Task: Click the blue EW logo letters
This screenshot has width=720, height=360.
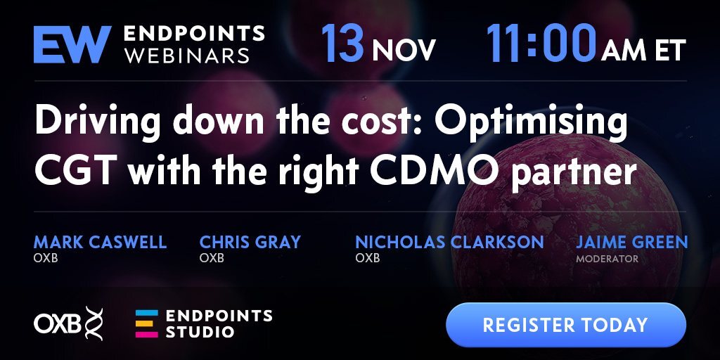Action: (72, 44)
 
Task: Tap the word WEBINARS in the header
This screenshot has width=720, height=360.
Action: (187, 56)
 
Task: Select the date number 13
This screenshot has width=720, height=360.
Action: (342, 43)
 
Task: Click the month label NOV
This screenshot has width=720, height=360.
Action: (404, 50)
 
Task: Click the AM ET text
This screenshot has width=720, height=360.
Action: (643, 50)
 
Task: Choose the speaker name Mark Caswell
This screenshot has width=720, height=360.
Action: (100, 242)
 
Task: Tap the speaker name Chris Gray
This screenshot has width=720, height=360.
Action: (250, 242)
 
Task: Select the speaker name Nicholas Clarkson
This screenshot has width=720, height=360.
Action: (449, 242)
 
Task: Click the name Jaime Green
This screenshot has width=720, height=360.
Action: (632, 242)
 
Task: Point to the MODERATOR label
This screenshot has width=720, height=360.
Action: (607, 259)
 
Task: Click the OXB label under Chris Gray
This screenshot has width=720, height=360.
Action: (212, 258)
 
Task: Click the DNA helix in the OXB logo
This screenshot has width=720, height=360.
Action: (94, 323)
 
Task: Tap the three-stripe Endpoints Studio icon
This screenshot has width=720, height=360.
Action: (146, 323)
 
